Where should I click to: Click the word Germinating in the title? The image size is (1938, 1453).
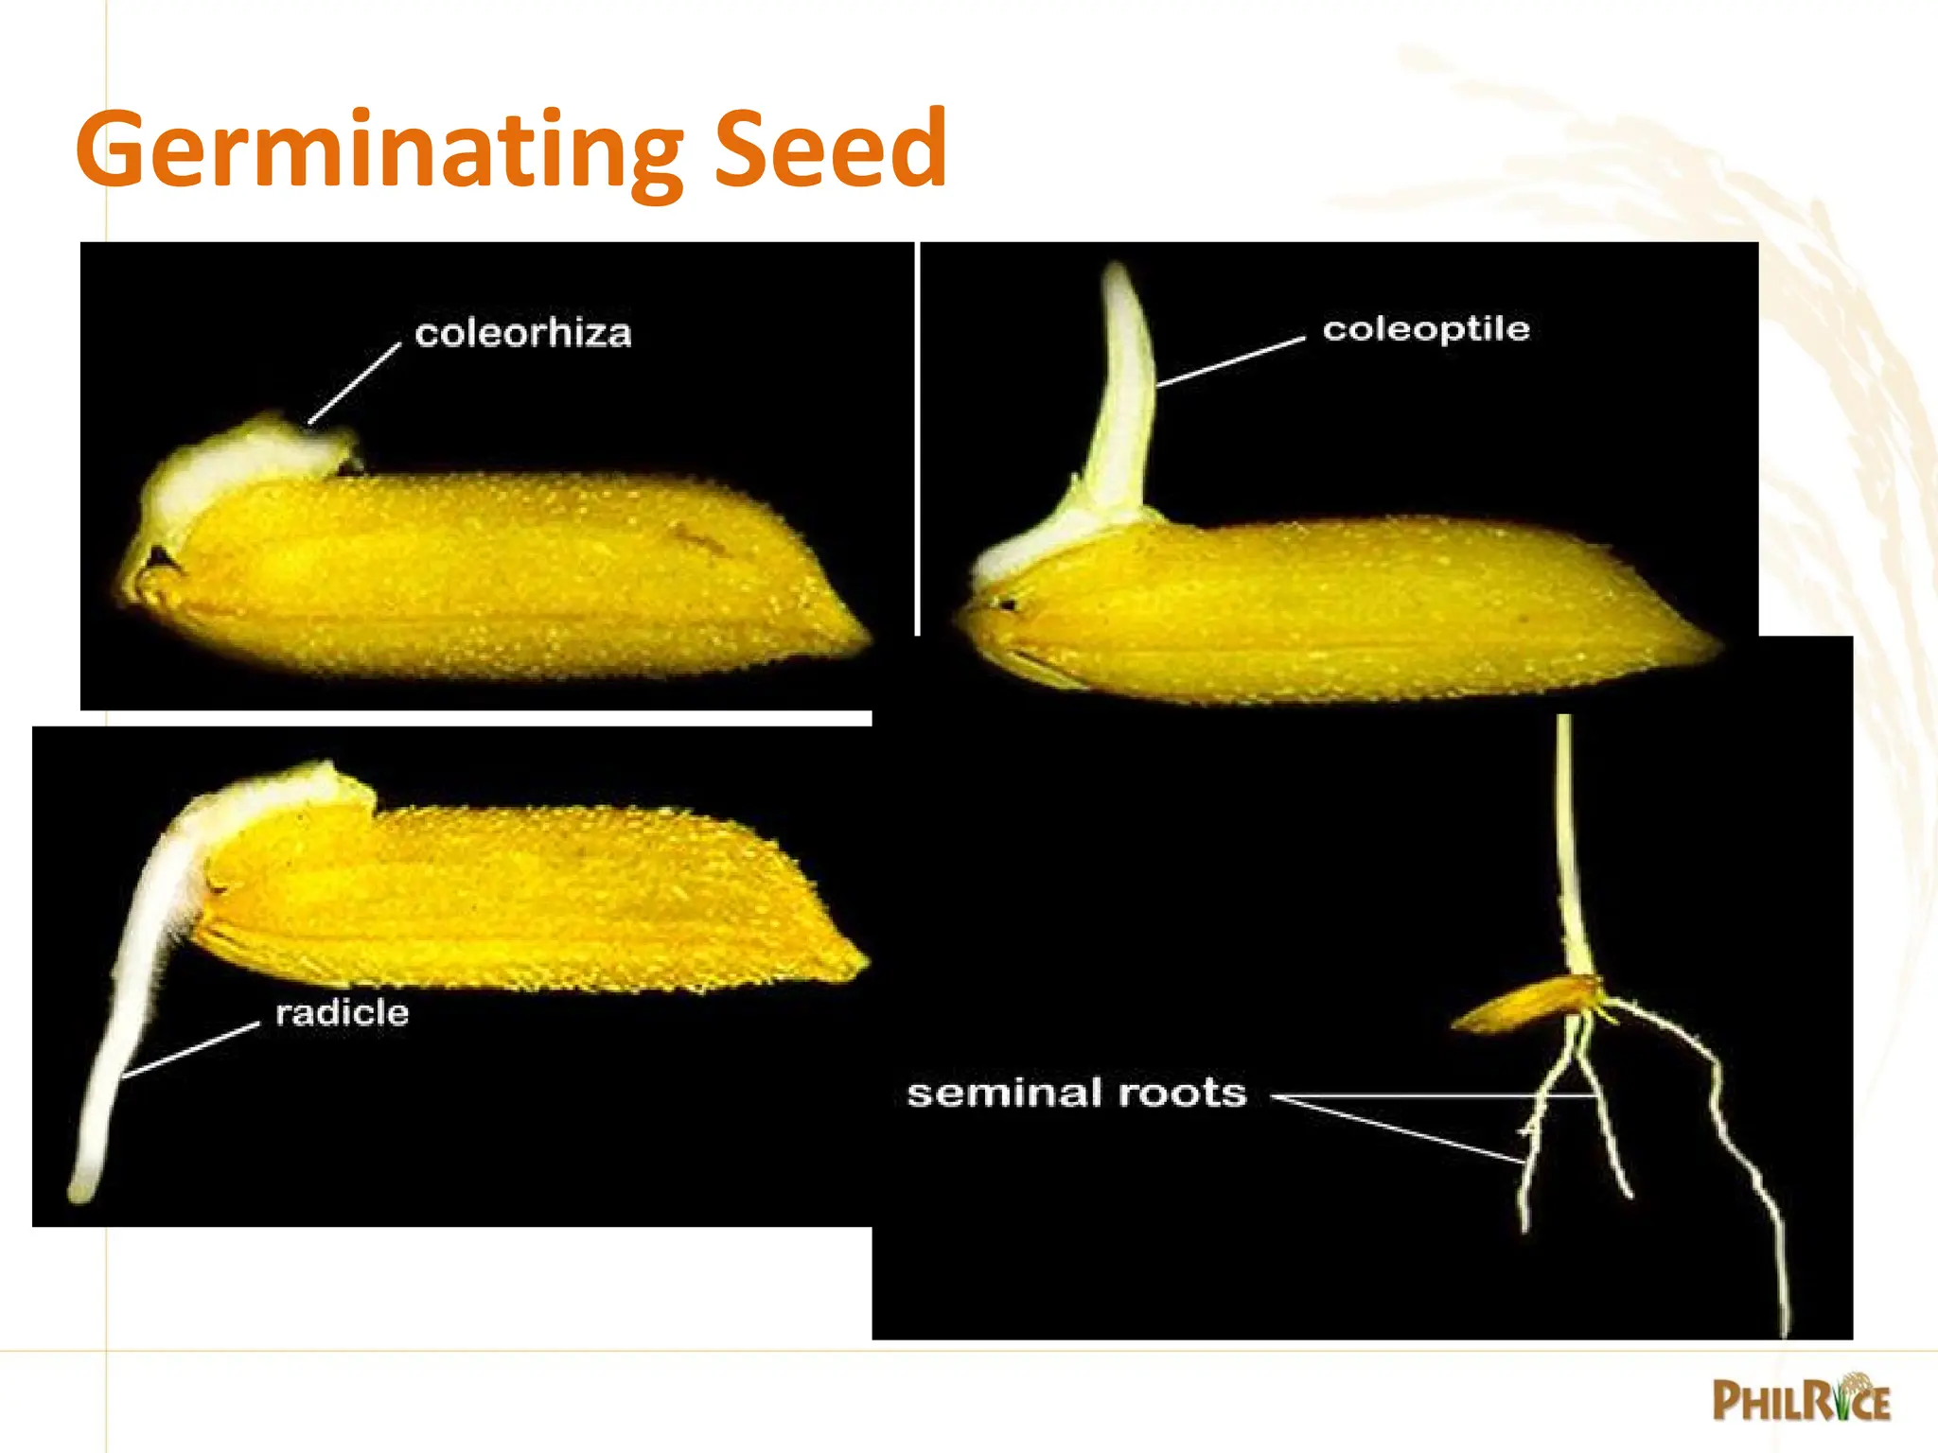379,151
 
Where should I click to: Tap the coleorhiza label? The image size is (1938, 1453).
522,333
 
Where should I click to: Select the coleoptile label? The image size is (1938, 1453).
1425,329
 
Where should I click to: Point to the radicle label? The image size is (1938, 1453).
342,1013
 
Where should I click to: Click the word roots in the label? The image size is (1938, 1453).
1182,1094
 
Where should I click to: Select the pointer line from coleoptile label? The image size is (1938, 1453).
1230,362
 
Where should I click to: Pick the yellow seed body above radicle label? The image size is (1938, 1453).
530,899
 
